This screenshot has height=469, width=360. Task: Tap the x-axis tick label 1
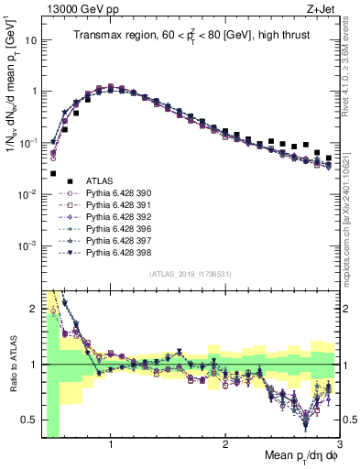[x=111, y=445]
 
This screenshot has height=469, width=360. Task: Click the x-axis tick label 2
[x=225, y=445]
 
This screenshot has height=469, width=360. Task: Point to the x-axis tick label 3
[x=338, y=445]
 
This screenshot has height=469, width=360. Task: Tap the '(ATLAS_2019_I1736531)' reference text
[x=190, y=274]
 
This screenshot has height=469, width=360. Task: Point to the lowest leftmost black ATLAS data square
[x=53, y=173]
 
